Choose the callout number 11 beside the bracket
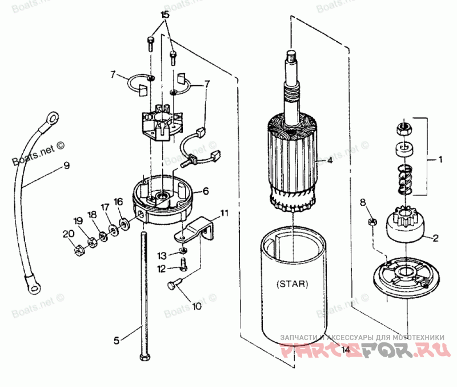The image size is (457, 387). [x=224, y=214]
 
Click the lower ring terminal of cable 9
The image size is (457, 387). [x=33, y=283]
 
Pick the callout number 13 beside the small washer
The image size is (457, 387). [x=162, y=255]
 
